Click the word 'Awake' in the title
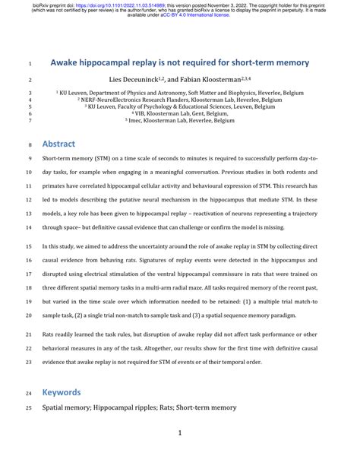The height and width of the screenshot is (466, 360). point(71,62)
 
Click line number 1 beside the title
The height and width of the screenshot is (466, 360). point(30,62)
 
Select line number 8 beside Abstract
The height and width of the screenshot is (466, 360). point(30,122)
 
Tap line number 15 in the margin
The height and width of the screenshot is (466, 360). point(29,246)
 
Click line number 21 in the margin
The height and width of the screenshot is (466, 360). point(29,334)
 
